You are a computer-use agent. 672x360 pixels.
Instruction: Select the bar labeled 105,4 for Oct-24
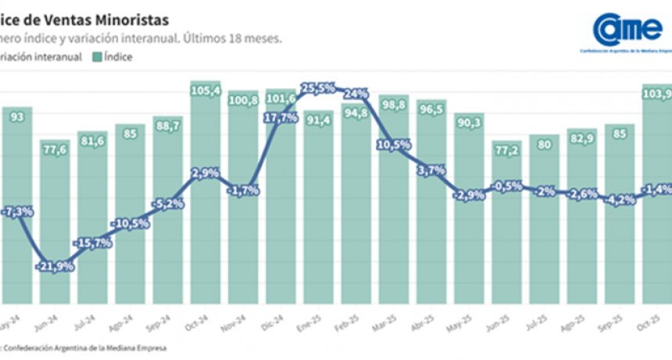(x=206, y=195)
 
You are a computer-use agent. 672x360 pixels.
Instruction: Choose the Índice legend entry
(x=113, y=56)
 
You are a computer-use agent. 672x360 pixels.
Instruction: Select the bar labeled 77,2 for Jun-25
(x=506, y=226)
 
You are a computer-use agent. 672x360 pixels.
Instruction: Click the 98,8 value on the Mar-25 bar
(x=394, y=104)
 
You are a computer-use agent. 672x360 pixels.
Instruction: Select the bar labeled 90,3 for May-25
(x=469, y=211)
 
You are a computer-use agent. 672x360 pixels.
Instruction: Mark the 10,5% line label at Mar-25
(x=394, y=144)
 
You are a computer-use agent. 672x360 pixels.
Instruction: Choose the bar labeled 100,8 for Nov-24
(x=244, y=199)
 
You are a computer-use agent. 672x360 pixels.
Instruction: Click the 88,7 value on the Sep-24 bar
(x=168, y=125)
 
